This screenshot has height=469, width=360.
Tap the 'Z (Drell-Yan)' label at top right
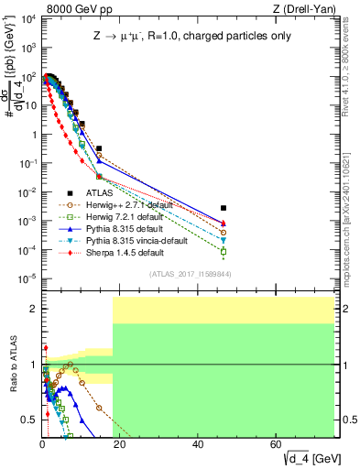(310, 8)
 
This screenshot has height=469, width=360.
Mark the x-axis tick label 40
(198, 444)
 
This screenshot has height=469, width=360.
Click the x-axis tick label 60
(277, 444)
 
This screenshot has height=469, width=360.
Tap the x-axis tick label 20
(120, 444)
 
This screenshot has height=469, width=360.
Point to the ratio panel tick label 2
(34, 309)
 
